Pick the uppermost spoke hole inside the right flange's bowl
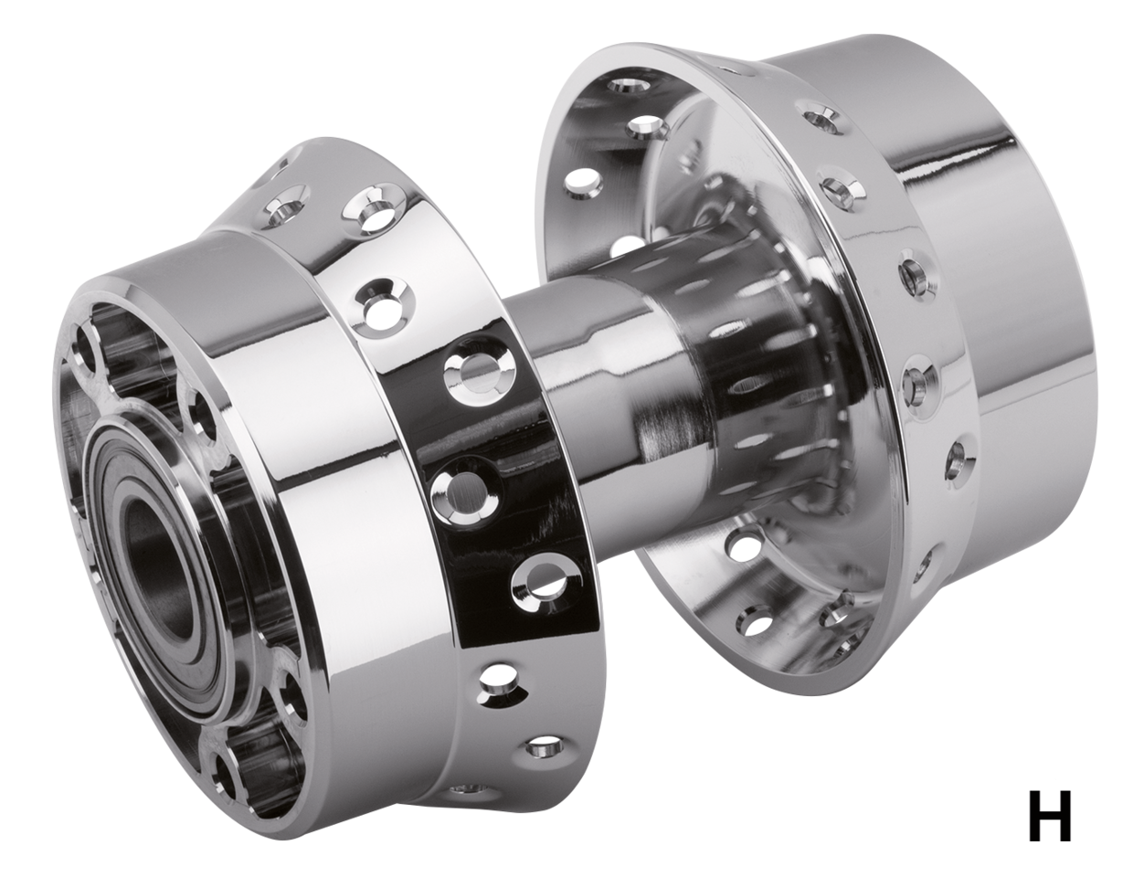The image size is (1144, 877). point(630,88)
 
